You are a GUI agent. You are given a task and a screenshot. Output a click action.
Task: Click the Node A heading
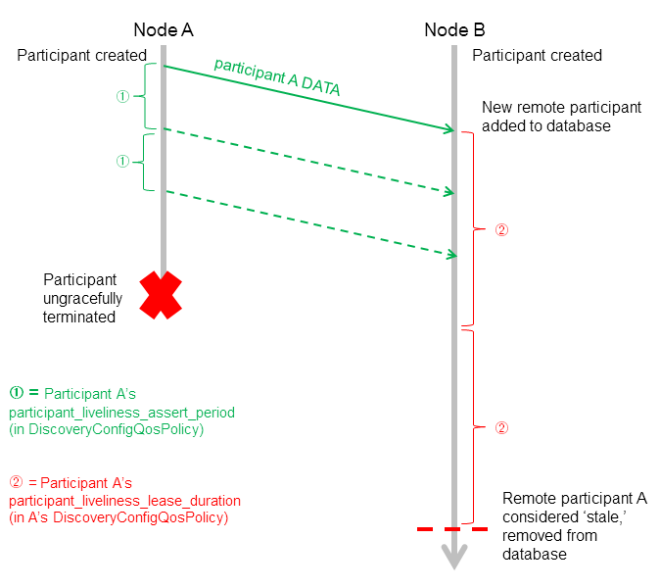pyautogui.click(x=163, y=29)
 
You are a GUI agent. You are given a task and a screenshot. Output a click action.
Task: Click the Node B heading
pyautogui.click(x=454, y=29)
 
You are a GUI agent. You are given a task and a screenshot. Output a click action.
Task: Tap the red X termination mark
pyautogui.click(x=161, y=295)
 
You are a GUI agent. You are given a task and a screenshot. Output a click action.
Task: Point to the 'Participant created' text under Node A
pyautogui.click(x=81, y=56)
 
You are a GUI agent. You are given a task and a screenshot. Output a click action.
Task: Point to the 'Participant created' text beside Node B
pyautogui.click(x=537, y=56)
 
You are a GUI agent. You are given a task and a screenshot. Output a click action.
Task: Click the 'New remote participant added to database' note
pyautogui.click(x=561, y=117)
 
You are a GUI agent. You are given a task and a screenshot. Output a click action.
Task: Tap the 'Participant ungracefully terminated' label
pyautogui.click(x=80, y=298)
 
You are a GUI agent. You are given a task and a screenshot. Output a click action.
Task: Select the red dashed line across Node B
pyautogui.click(x=452, y=529)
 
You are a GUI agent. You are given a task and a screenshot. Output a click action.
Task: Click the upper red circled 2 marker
pyautogui.click(x=501, y=230)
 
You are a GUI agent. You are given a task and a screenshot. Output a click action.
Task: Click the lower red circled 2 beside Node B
pyautogui.click(x=501, y=428)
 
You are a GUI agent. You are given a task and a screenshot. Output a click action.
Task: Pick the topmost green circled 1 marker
pyautogui.click(x=122, y=96)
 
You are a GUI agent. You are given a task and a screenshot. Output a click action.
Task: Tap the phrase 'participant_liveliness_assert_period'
pyautogui.click(x=122, y=411)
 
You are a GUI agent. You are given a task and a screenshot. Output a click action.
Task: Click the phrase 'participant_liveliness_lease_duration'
pyautogui.click(x=124, y=501)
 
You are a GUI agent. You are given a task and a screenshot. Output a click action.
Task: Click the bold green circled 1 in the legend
pyautogui.click(x=16, y=394)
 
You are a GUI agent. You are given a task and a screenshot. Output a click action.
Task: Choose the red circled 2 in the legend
pyautogui.click(x=16, y=483)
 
